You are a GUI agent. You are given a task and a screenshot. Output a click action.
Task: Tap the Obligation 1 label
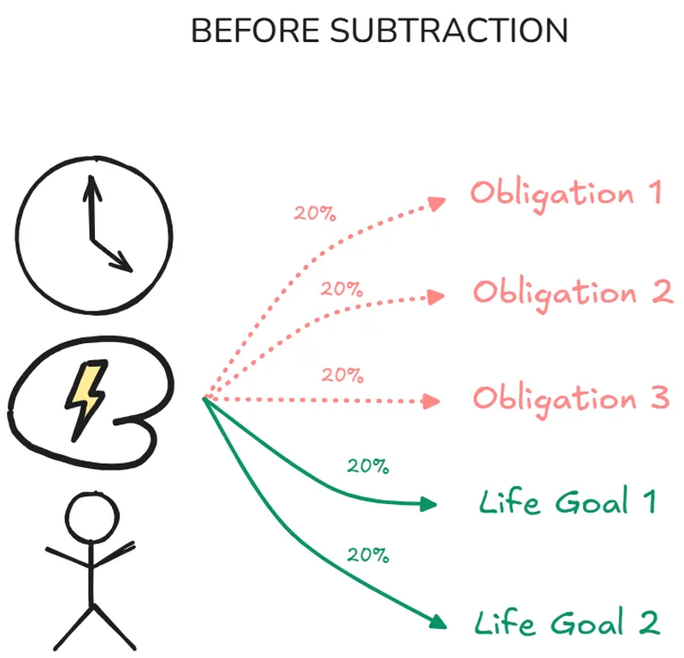(x=565, y=193)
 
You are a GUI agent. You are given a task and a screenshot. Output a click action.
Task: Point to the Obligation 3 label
(x=570, y=399)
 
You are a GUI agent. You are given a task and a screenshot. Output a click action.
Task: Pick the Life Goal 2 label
(x=567, y=621)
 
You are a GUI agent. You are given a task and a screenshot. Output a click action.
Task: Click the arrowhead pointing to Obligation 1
(x=438, y=204)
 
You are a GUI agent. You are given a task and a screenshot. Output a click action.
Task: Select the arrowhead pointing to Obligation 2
(x=436, y=296)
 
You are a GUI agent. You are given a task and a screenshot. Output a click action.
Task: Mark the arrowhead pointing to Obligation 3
(x=433, y=400)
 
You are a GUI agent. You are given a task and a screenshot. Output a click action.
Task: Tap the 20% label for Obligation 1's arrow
(x=315, y=213)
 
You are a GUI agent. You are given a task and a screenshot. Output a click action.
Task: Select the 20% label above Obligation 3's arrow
(x=342, y=375)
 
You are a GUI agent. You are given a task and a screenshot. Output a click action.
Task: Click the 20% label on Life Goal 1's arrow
(x=368, y=466)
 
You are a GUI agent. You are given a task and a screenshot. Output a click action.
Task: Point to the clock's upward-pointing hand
(x=89, y=205)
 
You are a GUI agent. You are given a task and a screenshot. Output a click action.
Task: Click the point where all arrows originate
(x=204, y=398)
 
